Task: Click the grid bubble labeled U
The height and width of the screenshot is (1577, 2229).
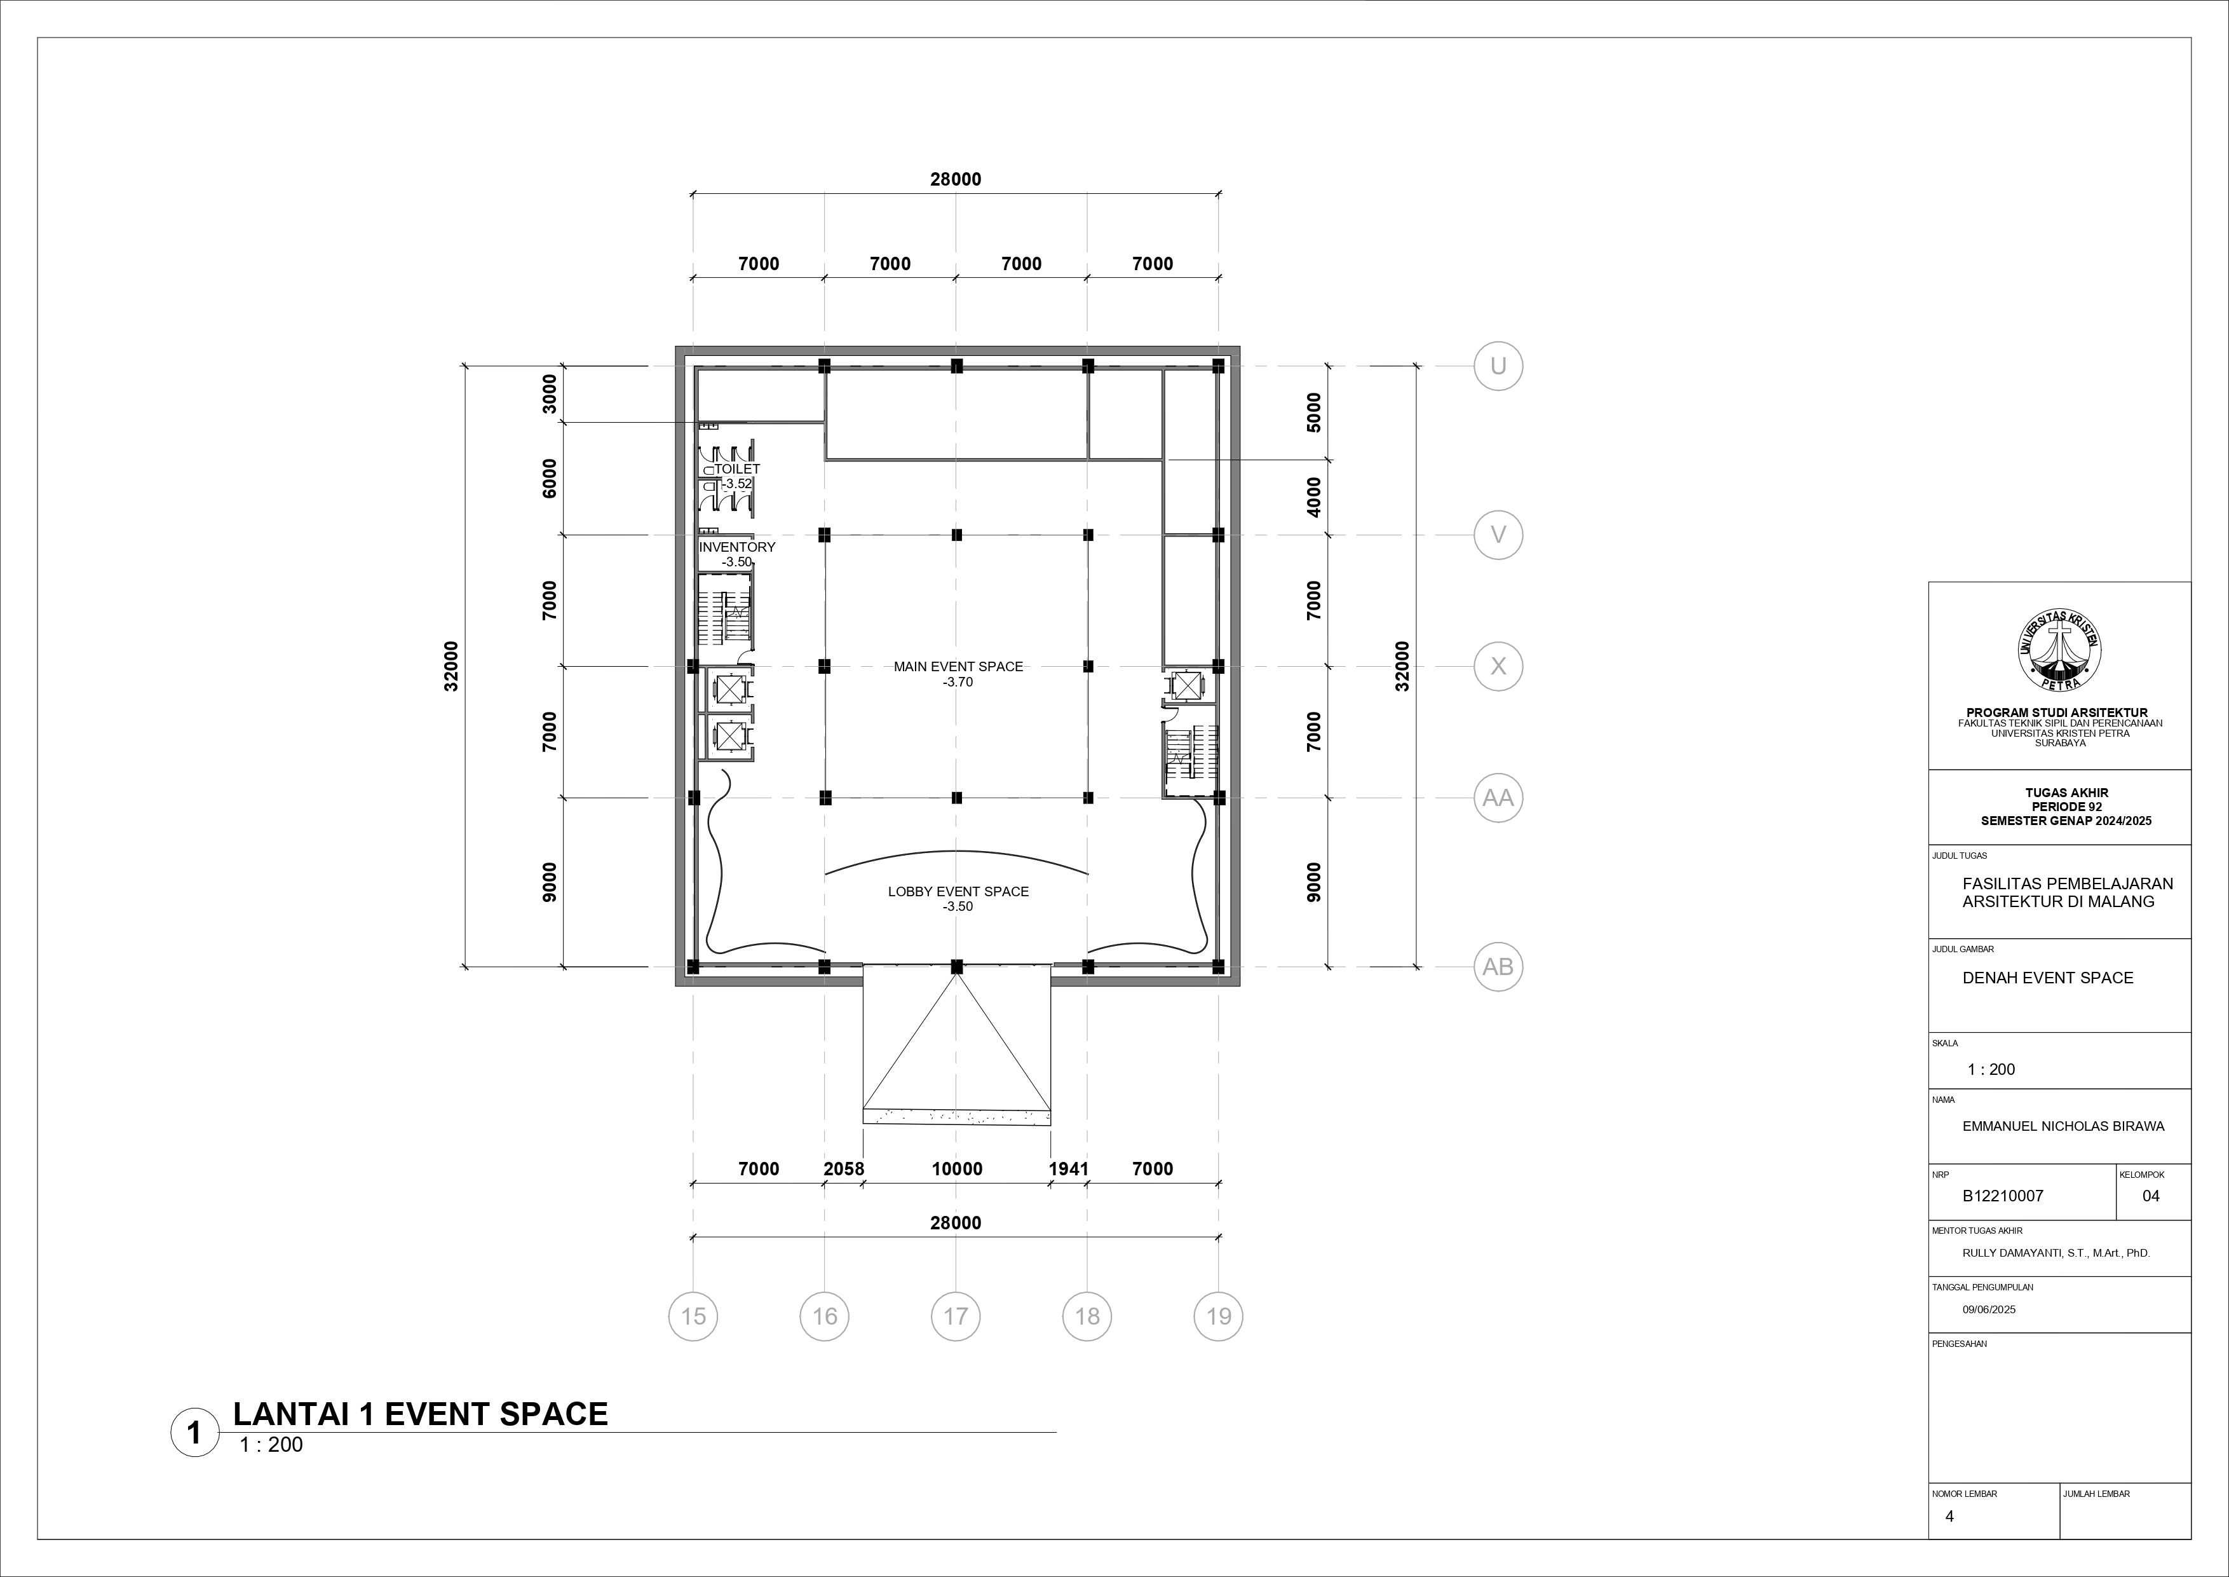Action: (x=1498, y=366)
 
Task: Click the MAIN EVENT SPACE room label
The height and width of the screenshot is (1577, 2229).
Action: (x=958, y=666)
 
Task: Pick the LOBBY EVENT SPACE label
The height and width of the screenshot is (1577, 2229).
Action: (x=958, y=891)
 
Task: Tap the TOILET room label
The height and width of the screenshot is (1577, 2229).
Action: (x=738, y=469)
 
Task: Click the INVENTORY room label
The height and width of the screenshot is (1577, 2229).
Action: (x=737, y=547)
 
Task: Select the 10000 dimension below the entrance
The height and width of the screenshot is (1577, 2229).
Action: (x=957, y=1169)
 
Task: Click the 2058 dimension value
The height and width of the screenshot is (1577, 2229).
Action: (x=844, y=1169)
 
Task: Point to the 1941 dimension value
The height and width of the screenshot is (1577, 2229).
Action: (x=1069, y=1169)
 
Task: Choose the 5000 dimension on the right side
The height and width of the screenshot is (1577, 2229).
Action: (x=1313, y=413)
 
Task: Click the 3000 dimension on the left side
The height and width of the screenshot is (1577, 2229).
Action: (x=550, y=393)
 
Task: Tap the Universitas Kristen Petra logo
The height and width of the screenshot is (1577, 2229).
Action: (x=2060, y=652)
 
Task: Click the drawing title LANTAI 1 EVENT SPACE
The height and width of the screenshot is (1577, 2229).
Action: (x=421, y=1414)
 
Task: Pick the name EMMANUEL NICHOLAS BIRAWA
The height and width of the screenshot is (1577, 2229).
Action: (x=2063, y=1126)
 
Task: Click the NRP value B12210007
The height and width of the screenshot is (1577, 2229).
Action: (x=2003, y=1196)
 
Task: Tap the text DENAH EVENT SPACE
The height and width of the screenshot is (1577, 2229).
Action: (x=2047, y=978)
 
